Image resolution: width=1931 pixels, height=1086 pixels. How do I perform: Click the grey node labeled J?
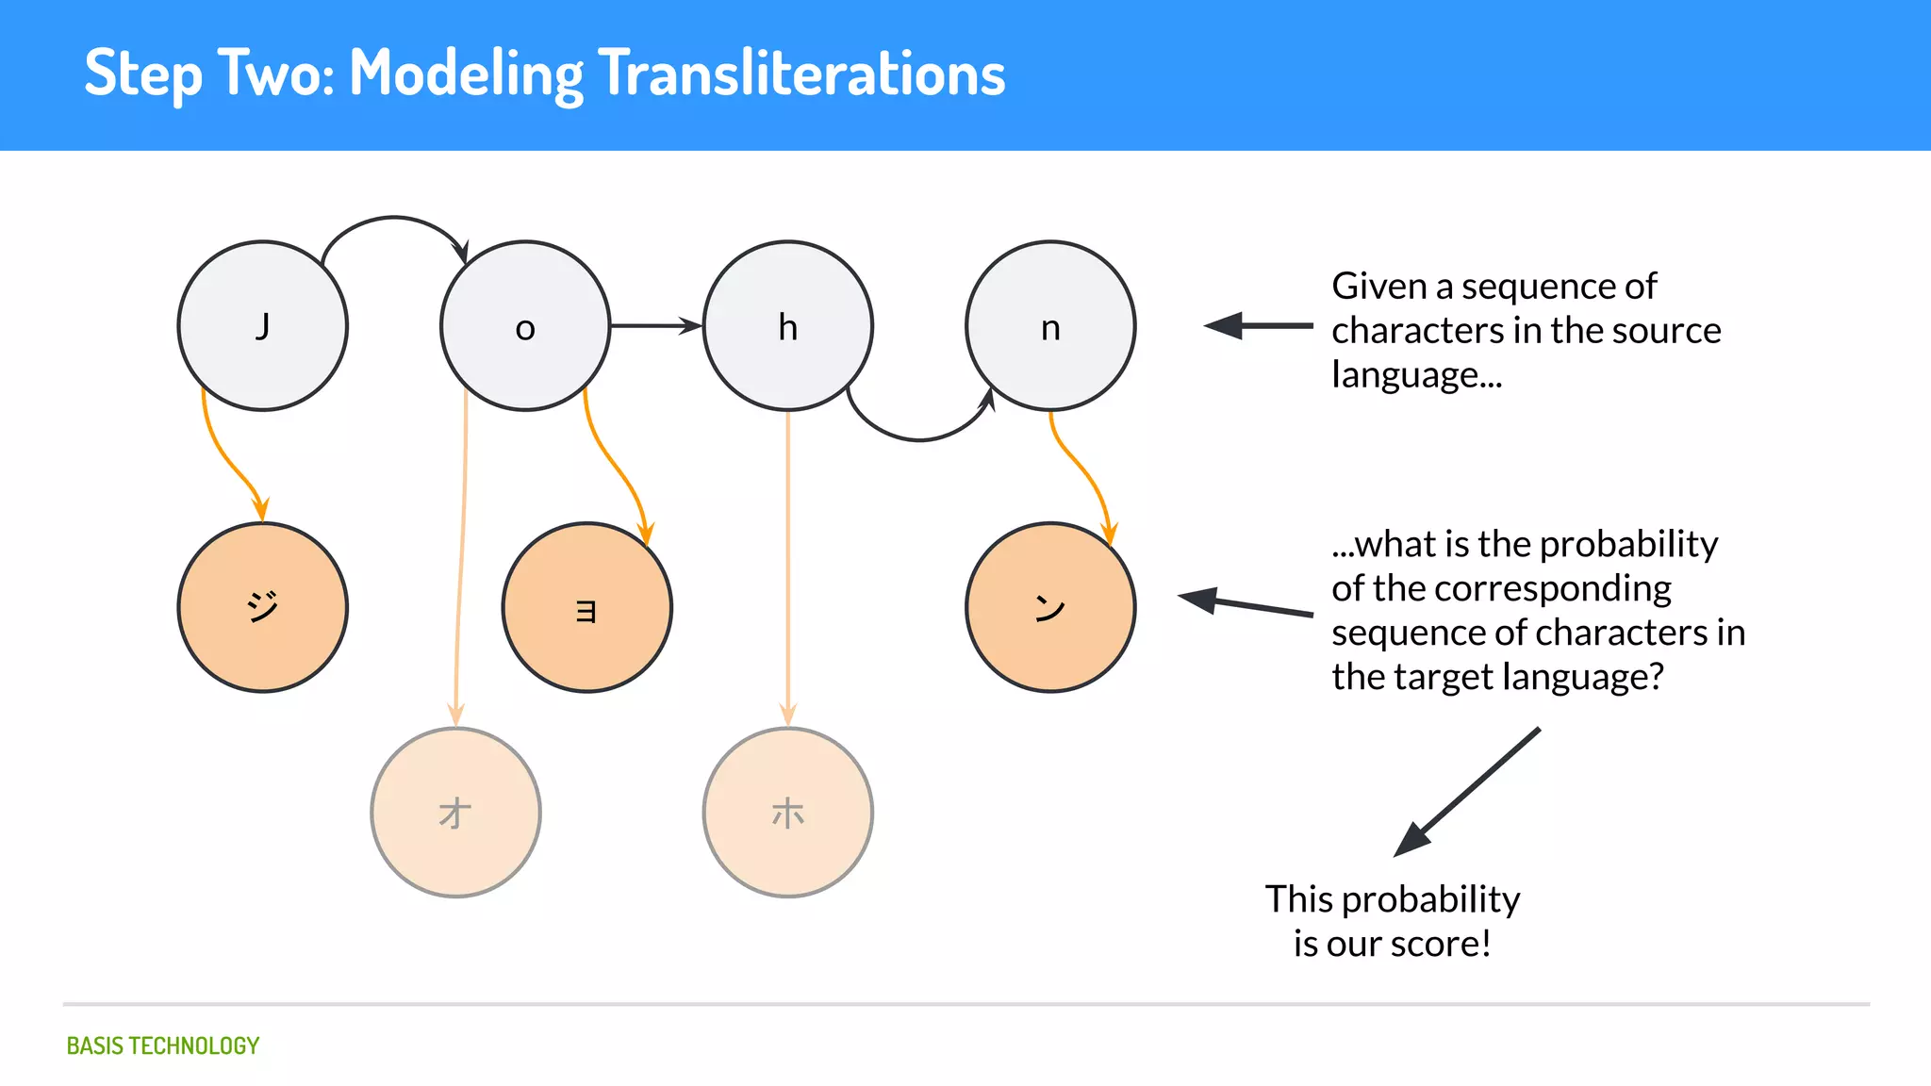[263, 326]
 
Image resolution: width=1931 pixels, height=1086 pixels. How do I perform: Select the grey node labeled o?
[525, 326]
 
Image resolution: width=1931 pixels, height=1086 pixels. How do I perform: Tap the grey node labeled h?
[788, 326]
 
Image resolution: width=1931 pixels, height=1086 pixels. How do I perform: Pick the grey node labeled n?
[1050, 326]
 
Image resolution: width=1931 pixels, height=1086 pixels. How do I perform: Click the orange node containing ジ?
[263, 607]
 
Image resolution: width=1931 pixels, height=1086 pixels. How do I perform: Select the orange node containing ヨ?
[586, 607]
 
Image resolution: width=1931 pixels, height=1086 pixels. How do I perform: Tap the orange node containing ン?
[1050, 607]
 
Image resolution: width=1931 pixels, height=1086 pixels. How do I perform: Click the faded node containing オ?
[455, 813]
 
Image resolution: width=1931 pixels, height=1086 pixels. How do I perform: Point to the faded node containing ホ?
[788, 813]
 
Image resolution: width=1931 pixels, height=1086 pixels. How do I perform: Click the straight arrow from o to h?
[655, 326]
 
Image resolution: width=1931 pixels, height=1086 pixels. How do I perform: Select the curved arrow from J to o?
[394, 219]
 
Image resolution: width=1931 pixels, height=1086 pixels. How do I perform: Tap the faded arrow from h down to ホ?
[788, 566]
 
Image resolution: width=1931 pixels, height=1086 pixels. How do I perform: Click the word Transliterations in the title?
[801, 74]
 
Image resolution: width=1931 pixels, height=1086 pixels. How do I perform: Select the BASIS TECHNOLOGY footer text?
[162, 1045]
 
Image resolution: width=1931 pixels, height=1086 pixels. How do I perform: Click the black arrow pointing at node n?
[1259, 326]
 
